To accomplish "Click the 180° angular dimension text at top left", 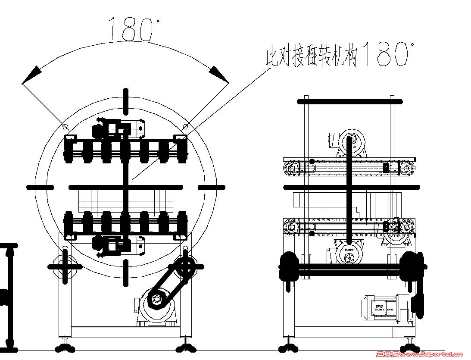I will (131, 29).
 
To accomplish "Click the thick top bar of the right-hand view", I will (349, 102).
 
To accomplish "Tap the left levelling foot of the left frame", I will (65, 346).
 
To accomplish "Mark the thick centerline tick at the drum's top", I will (126, 101).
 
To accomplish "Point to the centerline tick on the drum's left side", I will (40, 188).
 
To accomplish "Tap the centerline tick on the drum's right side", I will (212, 188).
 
